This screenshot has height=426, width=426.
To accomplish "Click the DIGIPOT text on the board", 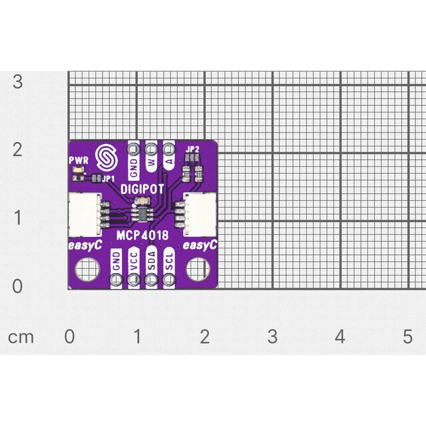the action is [x=142, y=189].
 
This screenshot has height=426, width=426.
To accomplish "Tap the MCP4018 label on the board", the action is [x=142, y=235].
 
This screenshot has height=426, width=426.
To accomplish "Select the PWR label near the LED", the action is [x=79, y=160].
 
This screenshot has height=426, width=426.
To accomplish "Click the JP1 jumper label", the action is [x=108, y=179].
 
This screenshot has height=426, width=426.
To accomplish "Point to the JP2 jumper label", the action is [x=192, y=149].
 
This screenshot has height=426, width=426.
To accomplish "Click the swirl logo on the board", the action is [x=107, y=157].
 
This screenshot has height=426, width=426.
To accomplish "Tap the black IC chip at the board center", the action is [x=143, y=214].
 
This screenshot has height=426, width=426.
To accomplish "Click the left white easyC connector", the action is [x=85, y=214].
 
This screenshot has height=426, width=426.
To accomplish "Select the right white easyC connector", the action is [x=200, y=214].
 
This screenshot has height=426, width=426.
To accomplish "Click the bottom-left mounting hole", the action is [x=87, y=269].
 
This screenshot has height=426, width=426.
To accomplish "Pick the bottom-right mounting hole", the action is [x=198, y=269].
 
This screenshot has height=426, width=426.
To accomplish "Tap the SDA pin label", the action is [x=152, y=261].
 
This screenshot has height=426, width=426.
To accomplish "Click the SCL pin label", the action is [x=169, y=262].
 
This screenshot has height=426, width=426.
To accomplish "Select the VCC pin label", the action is [x=134, y=262].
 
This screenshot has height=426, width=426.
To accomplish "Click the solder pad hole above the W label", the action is [x=151, y=149].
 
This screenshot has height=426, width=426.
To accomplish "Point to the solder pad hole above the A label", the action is [x=168, y=149].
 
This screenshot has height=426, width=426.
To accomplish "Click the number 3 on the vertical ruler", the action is [x=17, y=81].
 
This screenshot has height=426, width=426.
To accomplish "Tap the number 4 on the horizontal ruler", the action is [x=340, y=336].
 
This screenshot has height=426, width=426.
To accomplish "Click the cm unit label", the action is [x=21, y=337].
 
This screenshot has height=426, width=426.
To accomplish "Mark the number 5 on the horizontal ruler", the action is [x=407, y=336].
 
